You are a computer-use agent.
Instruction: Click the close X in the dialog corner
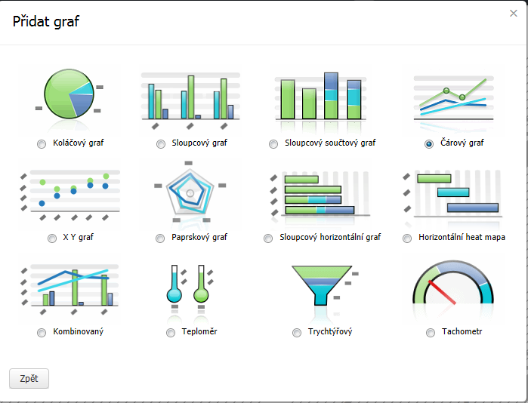[513, 13]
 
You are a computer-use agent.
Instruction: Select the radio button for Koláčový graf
[42, 144]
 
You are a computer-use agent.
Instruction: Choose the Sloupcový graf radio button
[161, 144]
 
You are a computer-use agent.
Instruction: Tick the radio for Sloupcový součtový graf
[273, 144]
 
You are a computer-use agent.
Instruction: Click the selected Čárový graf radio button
[429, 144]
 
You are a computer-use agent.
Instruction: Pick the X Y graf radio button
[52, 238]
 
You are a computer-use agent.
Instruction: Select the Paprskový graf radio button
[160, 238]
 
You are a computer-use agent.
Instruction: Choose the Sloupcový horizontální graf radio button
[268, 238]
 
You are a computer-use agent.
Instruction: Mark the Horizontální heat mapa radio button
[407, 238]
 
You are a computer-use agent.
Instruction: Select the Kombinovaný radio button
[42, 333]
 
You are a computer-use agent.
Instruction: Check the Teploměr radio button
[171, 333]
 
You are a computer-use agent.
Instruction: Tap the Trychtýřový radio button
[297, 333]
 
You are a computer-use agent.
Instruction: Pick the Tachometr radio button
[431, 333]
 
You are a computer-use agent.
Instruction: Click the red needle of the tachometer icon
[442, 292]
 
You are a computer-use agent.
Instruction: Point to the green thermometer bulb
[201, 295]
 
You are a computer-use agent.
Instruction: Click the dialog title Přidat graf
[46, 22]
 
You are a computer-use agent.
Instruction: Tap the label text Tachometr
[462, 331]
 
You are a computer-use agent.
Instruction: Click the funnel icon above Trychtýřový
[321, 285]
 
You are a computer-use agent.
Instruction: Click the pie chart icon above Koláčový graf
[69, 94]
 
